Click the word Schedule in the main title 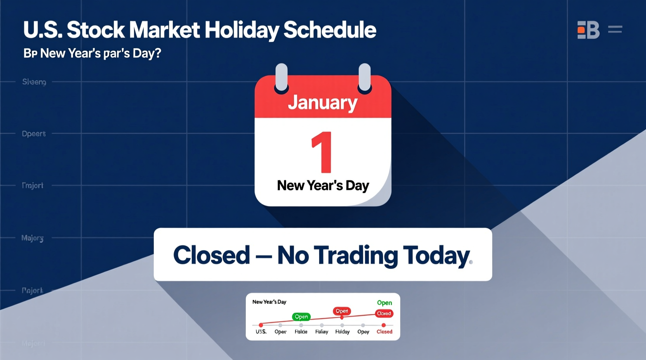tap(330, 30)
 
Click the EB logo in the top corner tap(588, 30)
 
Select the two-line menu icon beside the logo tap(615, 29)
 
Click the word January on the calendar tap(323, 102)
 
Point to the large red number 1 tap(322, 152)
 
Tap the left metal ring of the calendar tap(281, 77)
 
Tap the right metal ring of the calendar tap(365, 77)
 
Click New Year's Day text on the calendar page tap(323, 185)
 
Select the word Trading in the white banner tap(356, 255)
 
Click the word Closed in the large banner tap(212, 255)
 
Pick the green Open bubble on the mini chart tap(301, 317)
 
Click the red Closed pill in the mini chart tap(384, 313)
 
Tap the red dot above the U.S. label tap(261, 325)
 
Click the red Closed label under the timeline tap(384, 332)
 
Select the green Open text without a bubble tap(384, 303)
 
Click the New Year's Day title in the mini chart tap(269, 302)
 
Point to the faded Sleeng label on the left tap(34, 82)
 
